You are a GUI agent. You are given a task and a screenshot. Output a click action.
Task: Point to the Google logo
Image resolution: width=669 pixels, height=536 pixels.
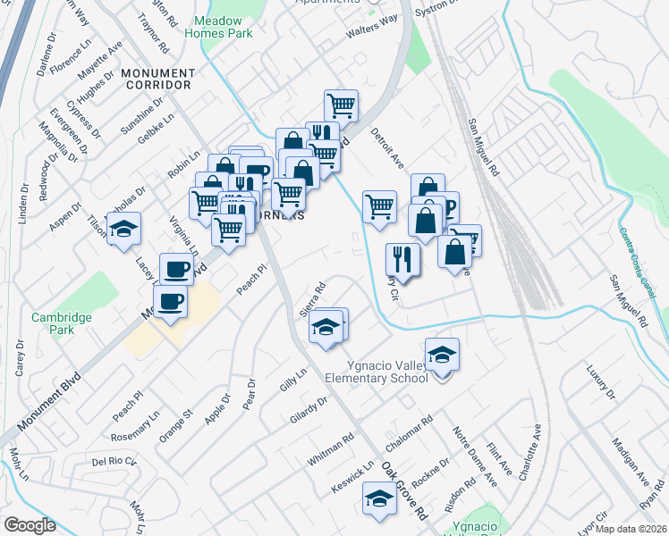click(30, 525)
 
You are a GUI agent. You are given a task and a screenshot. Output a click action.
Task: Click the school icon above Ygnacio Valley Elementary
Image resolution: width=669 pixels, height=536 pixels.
click(442, 355)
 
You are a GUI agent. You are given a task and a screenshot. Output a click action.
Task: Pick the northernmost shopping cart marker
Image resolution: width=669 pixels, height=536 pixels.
click(341, 105)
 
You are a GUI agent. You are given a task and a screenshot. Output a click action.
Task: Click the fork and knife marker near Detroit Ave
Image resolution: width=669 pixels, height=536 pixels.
click(402, 259)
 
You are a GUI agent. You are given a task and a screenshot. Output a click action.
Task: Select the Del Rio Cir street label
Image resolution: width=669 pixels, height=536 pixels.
click(114, 462)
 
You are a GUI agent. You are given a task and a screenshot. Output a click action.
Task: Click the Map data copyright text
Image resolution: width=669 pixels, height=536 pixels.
click(630, 529)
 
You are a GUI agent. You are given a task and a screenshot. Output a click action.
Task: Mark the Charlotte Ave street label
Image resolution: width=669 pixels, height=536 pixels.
click(528, 453)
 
